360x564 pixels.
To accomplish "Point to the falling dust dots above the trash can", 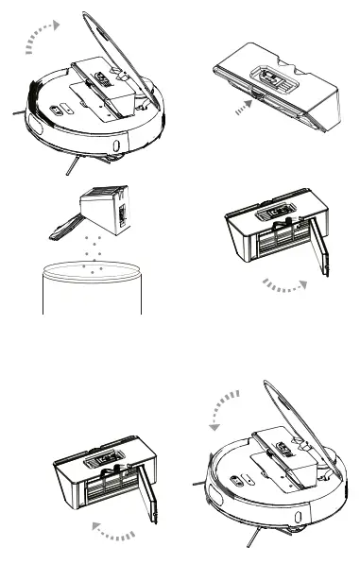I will tap(92, 253).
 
